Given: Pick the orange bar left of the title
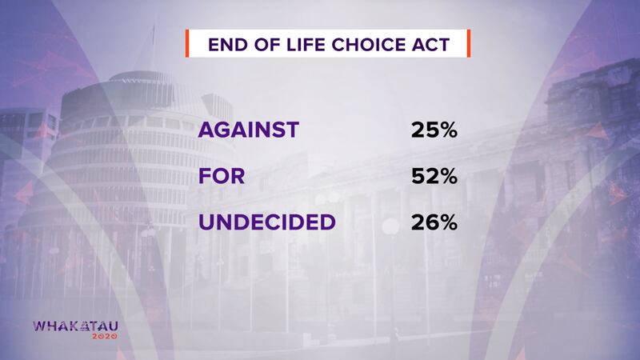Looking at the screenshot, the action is (x=187, y=43).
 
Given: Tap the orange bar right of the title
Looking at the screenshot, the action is (x=469, y=43).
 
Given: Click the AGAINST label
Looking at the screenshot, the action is (x=249, y=130).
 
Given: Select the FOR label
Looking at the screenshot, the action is (x=222, y=176).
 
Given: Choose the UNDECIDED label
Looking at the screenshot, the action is (x=267, y=222).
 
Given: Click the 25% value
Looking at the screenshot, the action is (x=434, y=130).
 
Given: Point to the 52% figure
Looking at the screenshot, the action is (x=434, y=176).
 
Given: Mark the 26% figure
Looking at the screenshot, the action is (x=434, y=222).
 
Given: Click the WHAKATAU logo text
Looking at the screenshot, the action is (x=75, y=326).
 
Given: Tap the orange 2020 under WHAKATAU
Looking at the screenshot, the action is (x=105, y=336).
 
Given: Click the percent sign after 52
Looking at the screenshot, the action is (x=448, y=176).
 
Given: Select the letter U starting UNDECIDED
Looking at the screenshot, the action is (x=207, y=222).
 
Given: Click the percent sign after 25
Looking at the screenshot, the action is (x=448, y=130).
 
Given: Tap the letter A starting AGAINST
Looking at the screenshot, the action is (x=207, y=130).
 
